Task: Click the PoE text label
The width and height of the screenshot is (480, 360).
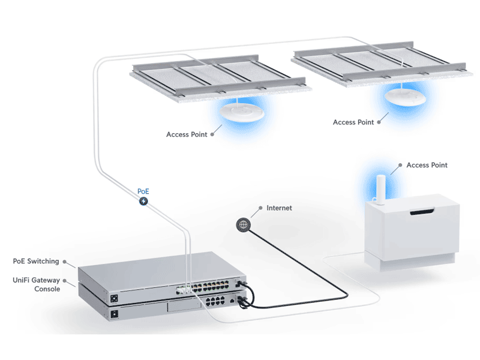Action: pyautogui.click(x=143, y=191)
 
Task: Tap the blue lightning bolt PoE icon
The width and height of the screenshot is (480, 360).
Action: pyautogui.click(x=143, y=201)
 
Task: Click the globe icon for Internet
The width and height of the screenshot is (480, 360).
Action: pyautogui.click(x=242, y=224)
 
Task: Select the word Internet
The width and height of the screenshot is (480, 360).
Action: pyautogui.click(x=279, y=208)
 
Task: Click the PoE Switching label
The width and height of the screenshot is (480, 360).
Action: pyautogui.click(x=36, y=261)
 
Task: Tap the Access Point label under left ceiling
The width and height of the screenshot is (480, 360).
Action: pyautogui.click(x=187, y=134)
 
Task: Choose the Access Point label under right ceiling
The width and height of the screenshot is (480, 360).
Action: pyautogui.click(x=353, y=122)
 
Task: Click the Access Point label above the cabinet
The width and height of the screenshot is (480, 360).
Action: pyautogui.click(x=427, y=165)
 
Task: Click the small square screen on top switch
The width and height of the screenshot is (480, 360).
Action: pyautogui.click(x=113, y=298)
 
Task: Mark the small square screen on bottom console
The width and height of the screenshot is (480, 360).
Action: pyautogui.click(x=112, y=313)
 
